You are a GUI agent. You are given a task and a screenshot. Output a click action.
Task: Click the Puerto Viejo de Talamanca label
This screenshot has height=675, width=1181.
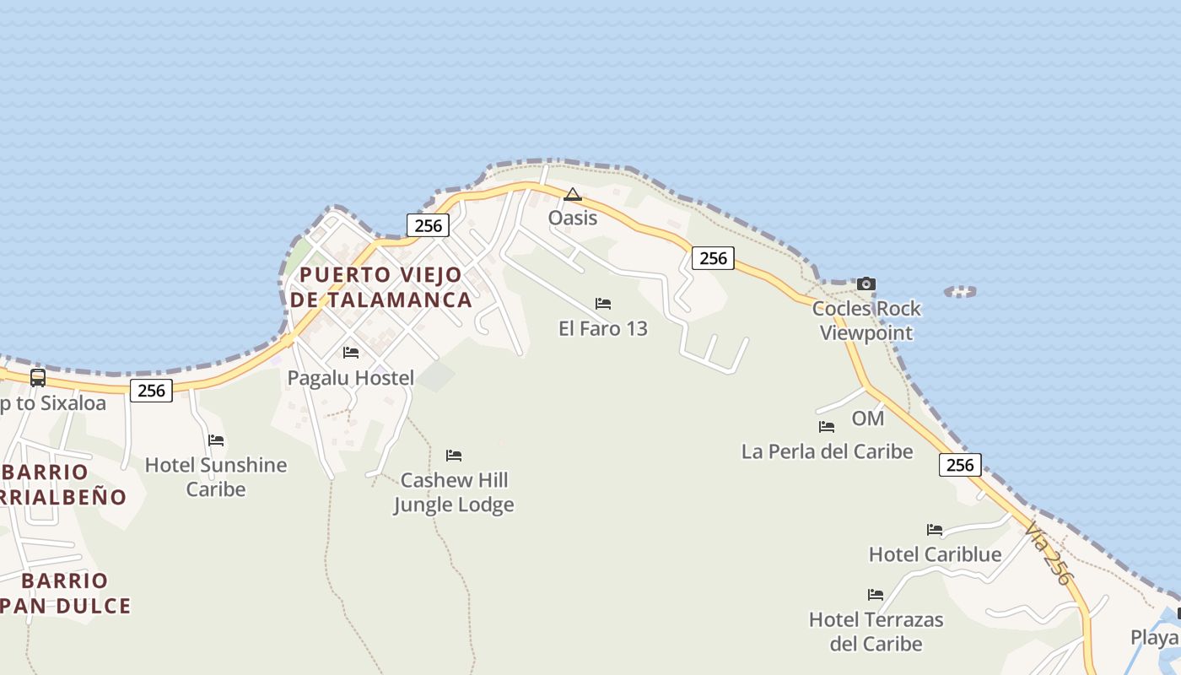tap(380, 287)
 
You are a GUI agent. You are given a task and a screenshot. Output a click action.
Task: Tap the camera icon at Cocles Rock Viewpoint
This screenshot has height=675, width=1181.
tap(866, 284)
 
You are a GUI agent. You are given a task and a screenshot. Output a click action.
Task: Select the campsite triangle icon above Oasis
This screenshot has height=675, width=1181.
tap(573, 195)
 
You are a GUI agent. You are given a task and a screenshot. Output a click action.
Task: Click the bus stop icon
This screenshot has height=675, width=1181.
tap(38, 378)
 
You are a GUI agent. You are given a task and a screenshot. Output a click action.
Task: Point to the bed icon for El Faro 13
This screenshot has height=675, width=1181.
tap(603, 304)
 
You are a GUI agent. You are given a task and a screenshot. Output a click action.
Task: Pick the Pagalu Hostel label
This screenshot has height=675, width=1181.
tap(351, 378)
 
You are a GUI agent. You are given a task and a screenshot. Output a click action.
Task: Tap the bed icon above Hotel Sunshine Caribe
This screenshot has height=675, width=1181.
tap(216, 440)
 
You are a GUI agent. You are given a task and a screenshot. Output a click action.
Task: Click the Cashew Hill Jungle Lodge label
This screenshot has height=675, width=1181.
tap(454, 493)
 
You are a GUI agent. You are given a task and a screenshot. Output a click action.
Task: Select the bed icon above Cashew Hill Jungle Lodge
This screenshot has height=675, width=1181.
tap(454, 456)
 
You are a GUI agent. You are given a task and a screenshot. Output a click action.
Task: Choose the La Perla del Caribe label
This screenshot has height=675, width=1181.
tap(827, 451)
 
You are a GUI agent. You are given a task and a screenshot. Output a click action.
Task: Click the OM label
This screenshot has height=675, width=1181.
tap(868, 418)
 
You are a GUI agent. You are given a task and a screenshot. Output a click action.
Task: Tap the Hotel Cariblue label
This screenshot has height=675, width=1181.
tap(936, 554)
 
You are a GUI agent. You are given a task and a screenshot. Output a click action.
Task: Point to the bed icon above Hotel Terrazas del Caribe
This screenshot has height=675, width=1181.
tap(876, 595)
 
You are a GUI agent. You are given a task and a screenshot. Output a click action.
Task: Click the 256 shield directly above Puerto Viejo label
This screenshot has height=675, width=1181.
tap(429, 225)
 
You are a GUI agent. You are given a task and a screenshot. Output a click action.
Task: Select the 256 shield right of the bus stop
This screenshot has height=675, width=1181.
tap(152, 390)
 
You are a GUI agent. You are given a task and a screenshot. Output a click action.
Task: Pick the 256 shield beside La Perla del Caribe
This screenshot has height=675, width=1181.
tap(960, 465)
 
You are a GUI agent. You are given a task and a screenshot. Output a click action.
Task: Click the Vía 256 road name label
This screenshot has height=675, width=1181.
tap(1049, 553)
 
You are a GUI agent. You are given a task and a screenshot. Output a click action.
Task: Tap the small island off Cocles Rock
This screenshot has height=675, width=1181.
tap(960, 292)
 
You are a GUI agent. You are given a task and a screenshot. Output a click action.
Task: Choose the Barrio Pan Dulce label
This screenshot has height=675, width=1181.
tap(65, 593)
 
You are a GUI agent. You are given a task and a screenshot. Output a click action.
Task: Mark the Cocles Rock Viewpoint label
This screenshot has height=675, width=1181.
tap(866, 321)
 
